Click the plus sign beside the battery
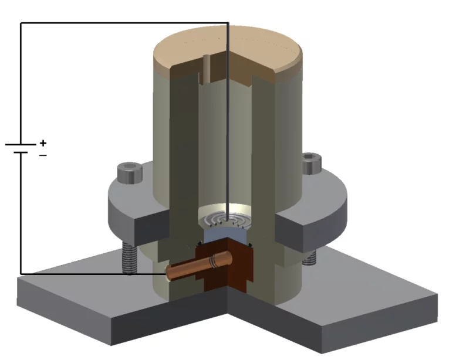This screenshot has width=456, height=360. coord(42,143)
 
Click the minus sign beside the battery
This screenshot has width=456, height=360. coord(42,155)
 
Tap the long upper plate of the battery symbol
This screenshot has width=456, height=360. coord(21,144)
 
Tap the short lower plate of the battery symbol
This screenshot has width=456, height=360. coord(21,152)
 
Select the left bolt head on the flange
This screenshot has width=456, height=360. coord(126,174)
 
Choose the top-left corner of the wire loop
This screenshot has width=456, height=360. coord(21,23)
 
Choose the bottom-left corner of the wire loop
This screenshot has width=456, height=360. coord(21,274)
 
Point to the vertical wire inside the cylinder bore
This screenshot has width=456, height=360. coord(228,147)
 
